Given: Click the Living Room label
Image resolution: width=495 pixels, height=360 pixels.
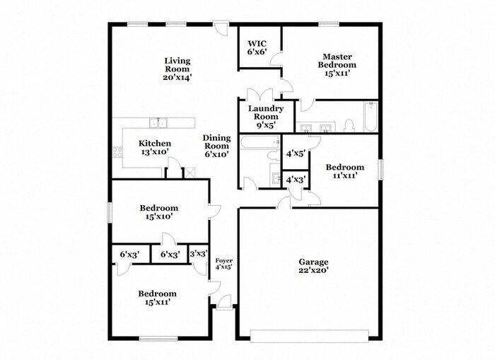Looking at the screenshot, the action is pos(177,69).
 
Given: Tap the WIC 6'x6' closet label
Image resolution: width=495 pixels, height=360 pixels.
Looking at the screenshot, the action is pos(257,47).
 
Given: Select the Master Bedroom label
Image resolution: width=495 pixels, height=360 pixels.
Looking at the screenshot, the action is pos(337,65).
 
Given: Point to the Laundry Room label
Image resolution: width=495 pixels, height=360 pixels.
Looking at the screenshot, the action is pos(266,117).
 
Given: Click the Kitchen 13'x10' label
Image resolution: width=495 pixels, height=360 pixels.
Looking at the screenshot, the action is pos(155,148).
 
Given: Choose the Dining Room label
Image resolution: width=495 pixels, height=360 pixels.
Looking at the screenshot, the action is pos(216,146).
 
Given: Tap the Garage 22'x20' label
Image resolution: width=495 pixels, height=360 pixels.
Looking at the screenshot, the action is pos(313,266).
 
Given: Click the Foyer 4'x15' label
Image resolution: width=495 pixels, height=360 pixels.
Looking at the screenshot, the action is pos(224,264).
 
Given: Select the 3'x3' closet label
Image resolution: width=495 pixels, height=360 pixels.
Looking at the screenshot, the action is pos(199,254).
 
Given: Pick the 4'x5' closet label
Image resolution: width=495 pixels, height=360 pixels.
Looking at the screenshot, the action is pos(296,153).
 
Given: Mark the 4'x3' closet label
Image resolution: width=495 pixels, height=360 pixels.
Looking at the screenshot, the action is pos(296,180).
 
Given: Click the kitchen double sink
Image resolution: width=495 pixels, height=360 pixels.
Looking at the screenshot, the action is pos(158,122).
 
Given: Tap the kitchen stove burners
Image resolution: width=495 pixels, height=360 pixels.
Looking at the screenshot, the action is pos(118,152).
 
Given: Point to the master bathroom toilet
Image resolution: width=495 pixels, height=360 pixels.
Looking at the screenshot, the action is pos(349,126).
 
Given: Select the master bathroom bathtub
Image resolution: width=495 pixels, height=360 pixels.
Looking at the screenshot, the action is pos(371,117).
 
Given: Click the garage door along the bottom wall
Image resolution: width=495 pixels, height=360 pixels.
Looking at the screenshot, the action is pos(310,336).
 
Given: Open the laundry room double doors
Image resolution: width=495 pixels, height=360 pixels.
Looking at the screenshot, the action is pos(260,94).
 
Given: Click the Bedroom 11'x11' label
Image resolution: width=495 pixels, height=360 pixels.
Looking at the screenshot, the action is pos(345,171).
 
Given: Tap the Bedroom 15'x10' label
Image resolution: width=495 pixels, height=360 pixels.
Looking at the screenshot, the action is pos(159,212).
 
